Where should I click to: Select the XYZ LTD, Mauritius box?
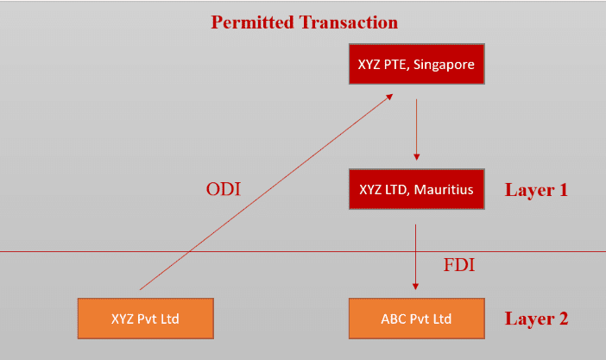(416, 189)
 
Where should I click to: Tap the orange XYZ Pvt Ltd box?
(144, 318)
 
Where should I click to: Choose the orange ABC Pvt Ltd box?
(416, 318)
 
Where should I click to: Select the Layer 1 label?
(536, 190)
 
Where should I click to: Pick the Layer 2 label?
(536, 319)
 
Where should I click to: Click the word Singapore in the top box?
(444, 64)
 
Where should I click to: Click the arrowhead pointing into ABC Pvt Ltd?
(416, 287)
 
